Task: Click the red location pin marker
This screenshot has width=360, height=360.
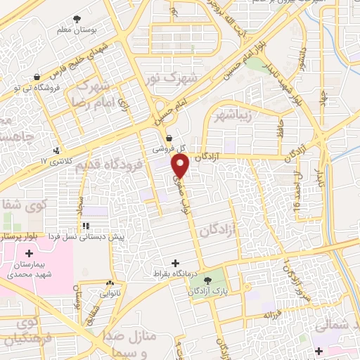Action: click(181, 167)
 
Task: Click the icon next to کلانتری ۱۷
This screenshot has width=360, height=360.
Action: click(56, 150)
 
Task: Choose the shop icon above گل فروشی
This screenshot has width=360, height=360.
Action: click(169, 139)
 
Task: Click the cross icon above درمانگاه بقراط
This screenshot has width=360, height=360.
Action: click(176, 262)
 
